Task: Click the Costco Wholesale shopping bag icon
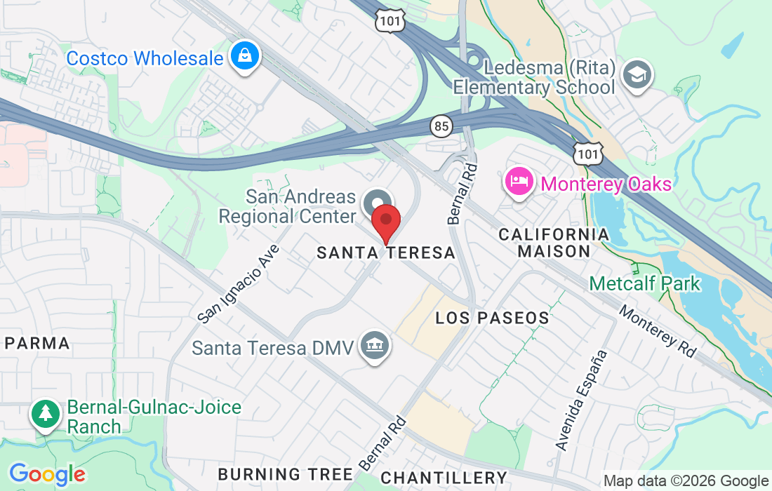pos(244,57)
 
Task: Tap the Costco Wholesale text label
pos(145,58)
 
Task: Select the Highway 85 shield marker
pos(441,126)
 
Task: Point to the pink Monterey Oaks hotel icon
pos(518,183)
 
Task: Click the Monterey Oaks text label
pos(606,184)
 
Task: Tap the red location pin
pos(385,221)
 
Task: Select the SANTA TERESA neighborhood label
pos(386,253)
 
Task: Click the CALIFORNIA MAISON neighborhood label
pos(554,242)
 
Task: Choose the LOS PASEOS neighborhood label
pos(492,318)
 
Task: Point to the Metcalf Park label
pos(644,283)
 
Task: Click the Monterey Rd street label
pos(658,332)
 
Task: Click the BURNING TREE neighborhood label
pos(285,474)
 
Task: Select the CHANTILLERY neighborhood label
pos(443,478)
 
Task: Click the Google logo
pos(46,474)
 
